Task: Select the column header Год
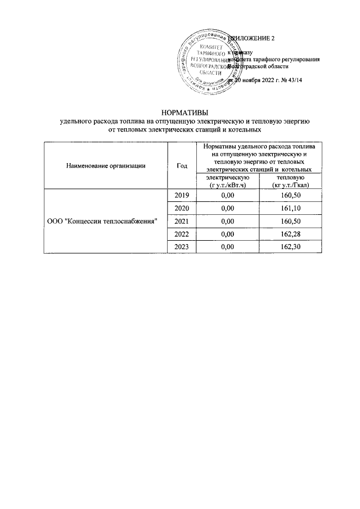click(x=182, y=165)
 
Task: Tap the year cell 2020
click(x=182, y=208)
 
